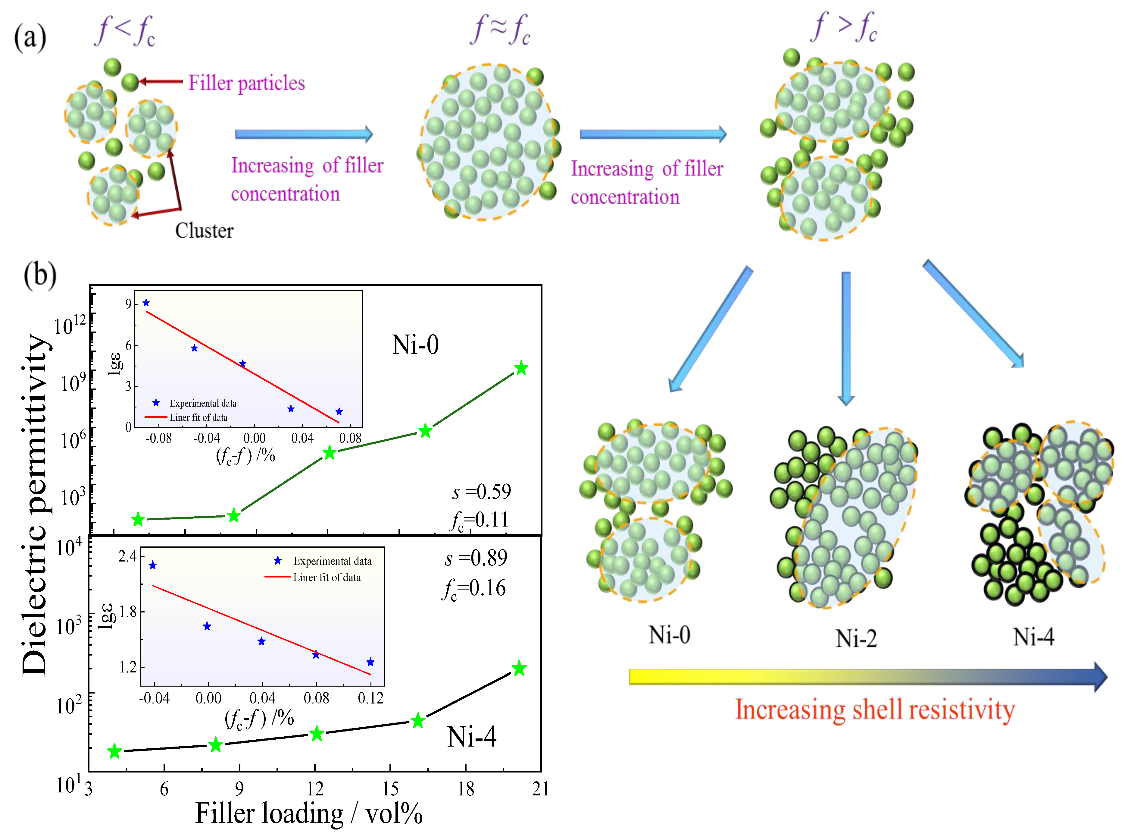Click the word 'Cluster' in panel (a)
coord(204,231)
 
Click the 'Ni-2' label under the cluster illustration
coord(856,639)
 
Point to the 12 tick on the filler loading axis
coord(315,789)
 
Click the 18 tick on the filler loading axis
coord(466,789)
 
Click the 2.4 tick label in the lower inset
coord(127,556)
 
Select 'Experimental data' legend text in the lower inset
coord(332,562)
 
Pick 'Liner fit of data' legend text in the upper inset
coord(198,417)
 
